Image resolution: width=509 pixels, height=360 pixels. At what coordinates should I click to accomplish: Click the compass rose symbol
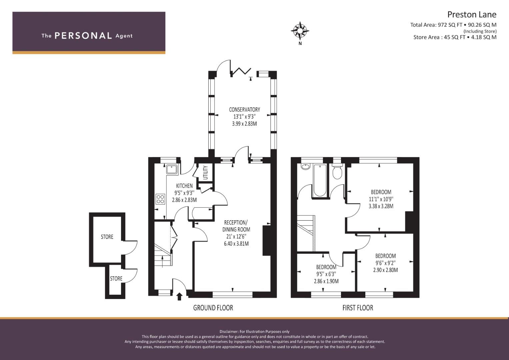[300, 31]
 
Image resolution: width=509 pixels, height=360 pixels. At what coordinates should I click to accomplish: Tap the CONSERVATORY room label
[245, 110]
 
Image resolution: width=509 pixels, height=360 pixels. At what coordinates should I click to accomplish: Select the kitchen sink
[172, 169]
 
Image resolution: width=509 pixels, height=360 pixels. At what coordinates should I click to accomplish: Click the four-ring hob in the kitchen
[160, 199]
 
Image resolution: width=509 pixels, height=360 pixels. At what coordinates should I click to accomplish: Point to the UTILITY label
[205, 173]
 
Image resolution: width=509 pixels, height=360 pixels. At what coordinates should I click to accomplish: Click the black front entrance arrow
[179, 297]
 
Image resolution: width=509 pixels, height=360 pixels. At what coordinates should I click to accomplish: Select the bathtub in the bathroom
[320, 180]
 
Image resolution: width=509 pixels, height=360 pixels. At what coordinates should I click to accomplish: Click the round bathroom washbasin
[305, 167]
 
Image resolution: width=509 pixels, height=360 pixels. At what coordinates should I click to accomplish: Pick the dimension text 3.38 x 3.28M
[381, 206]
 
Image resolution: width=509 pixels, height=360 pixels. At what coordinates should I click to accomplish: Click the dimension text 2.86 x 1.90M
[326, 281]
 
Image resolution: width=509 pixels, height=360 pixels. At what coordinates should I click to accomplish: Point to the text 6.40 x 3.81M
[236, 244]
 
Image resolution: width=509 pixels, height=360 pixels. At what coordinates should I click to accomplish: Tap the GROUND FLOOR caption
[213, 308]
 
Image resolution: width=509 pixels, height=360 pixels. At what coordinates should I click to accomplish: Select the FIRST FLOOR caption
[358, 308]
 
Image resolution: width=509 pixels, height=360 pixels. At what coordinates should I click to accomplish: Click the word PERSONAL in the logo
[83, 36]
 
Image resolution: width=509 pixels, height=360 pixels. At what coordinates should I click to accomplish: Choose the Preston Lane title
[472, 15]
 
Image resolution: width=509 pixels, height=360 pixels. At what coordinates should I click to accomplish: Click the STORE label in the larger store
[107, 237]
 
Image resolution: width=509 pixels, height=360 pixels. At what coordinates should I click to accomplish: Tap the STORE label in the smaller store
[116, 279]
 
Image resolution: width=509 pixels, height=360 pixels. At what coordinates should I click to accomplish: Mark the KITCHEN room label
[184, 186]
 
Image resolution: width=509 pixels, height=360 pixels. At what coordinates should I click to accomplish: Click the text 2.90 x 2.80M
[385, 270]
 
